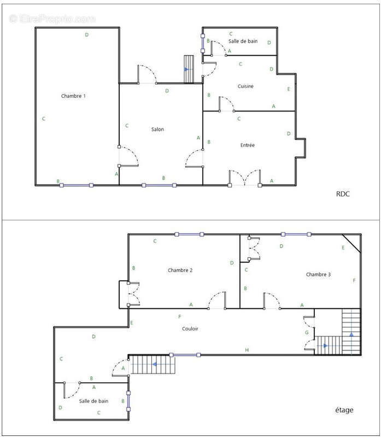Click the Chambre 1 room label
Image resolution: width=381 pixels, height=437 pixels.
coord(73,96)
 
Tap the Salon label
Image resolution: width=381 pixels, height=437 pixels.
coord(157,129)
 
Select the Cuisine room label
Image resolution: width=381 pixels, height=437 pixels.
coord(246,86)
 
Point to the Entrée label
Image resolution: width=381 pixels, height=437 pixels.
coord(248,145)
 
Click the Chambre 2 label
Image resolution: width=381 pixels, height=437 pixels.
coord(180,270)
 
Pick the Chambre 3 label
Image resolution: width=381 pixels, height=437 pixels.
coord(318,274)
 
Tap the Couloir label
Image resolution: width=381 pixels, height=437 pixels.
coord(190,329)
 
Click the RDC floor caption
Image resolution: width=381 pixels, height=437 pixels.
coord(343,193)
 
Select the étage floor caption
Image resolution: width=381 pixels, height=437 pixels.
coord(343,410)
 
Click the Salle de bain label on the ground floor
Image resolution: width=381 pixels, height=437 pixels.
coord(243,41)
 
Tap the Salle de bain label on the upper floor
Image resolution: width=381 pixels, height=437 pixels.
coord(93,401)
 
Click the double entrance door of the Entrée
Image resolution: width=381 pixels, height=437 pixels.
coord(244,178)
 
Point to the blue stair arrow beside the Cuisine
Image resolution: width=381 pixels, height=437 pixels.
coord(187,69)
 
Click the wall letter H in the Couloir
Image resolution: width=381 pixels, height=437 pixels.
coord(247,350)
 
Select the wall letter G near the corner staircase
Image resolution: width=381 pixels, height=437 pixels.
coord(307,333)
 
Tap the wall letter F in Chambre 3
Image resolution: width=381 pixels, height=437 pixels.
coord(354,281)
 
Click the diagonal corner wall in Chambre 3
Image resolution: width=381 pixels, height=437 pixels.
coord(352,243)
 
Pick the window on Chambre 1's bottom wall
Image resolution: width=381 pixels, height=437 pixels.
coord(77,185)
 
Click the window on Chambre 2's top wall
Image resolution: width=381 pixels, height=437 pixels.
coord(189,234)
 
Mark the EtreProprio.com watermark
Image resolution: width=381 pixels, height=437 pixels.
coord(52,19)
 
